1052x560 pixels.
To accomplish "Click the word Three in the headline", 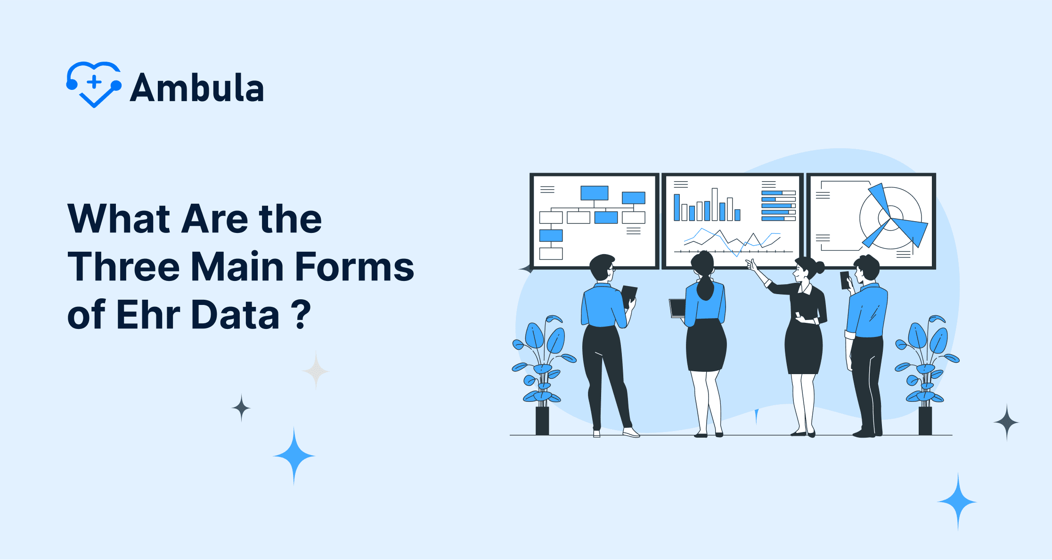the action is pyautogui.click(x=124, y=267).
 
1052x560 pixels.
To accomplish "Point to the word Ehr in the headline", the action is pyautogui.click(x=148, y=314).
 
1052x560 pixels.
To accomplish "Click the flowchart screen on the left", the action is pyautogui.click(x=594, y=221).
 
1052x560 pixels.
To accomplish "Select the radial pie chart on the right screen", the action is pyautogui.click(x=892, y=217).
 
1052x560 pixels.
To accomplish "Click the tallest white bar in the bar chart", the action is pyautogui.click(x=715, y=204).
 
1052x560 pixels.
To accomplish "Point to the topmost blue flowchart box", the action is pyautogui.click(x=594, y=193).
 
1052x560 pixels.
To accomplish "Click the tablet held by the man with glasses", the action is pyautogui.click(x=629, y=296).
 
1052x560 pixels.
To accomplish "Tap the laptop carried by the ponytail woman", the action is pyautogui.click(x=677, y=308).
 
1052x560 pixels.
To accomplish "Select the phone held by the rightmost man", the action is pyautogui.click(x=845, y=280).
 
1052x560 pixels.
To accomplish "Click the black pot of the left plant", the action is pyautogui.click(x=542, y=421).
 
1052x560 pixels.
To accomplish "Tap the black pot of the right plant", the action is pyautogui.click(x=925, y=421).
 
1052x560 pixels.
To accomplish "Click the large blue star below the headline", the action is pyautogui.click(x=294, y=456).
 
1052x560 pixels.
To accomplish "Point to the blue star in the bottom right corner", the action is pyautogui.click(x=957, y=502).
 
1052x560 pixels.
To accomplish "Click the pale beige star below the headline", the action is pyautogui.click(x=316, y=371).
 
